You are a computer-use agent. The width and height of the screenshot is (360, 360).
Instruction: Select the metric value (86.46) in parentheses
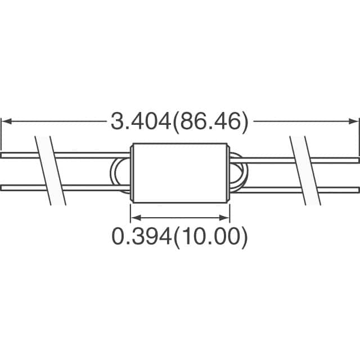tap(210, 121)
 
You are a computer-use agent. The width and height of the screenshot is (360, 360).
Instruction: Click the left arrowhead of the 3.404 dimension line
tap(6, 120)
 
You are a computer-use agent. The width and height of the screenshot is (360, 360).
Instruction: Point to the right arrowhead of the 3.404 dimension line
tap(354, 120)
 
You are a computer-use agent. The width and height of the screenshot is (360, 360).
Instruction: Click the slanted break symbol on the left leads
tap(51, 170)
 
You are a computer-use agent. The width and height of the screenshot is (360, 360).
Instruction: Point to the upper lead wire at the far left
tap(17, 155)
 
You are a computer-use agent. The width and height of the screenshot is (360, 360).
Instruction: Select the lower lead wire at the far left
tap(17, 187)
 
